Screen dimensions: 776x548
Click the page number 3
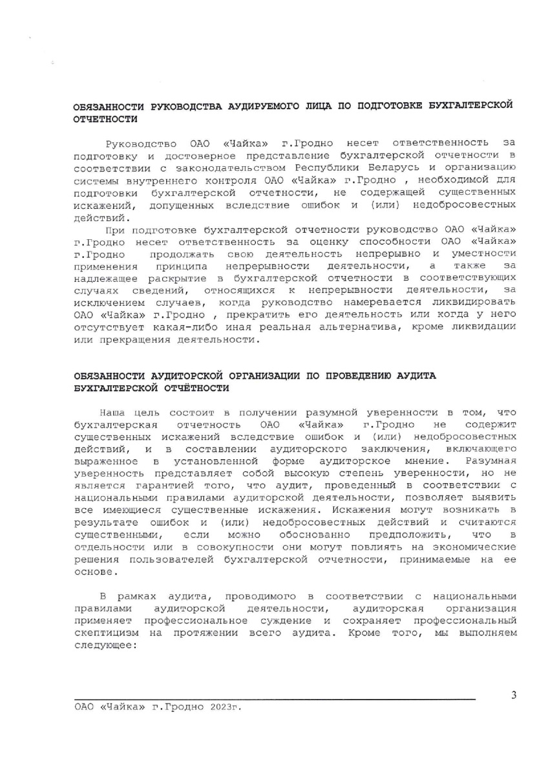[x=513, y=696]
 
